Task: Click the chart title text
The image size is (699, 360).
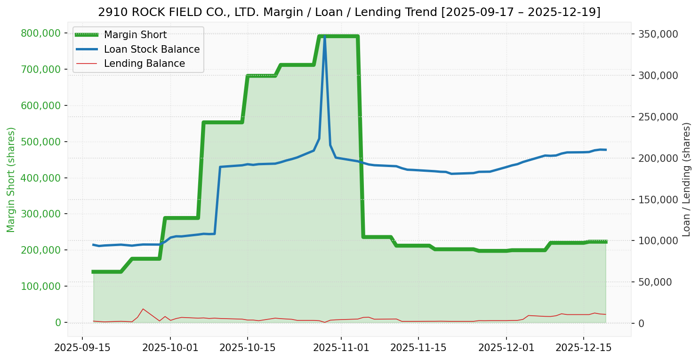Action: click(x=349, y=12)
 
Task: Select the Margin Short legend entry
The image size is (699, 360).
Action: click(x=135, y=35)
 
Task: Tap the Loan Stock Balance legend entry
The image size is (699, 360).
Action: click(x=152, y=49)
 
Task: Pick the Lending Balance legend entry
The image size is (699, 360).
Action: click(x=144, y=64)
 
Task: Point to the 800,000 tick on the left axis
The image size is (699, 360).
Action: click(x=41, y=33)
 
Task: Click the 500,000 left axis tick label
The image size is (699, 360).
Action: click(x=41, y=142)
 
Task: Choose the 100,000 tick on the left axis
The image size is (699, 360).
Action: click(x=41, y=286)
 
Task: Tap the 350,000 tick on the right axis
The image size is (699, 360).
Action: click(x=658, y=34)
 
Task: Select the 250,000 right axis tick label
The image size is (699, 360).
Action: click(x=658, y=117)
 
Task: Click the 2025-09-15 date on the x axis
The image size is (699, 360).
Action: click(x=82, y=348)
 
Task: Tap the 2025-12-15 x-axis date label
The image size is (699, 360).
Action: click(x=584, y=348)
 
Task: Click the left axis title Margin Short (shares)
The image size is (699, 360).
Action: click(x=11, y=179)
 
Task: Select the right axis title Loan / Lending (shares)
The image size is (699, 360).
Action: click(x=686, y=179)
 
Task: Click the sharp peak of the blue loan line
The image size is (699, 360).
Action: click(x=324, y=36)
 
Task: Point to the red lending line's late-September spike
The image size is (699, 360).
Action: click(x=143, y=309)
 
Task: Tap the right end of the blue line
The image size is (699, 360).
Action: click(x=606, y=150)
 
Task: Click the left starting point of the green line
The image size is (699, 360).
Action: click(x=93, y=272)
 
